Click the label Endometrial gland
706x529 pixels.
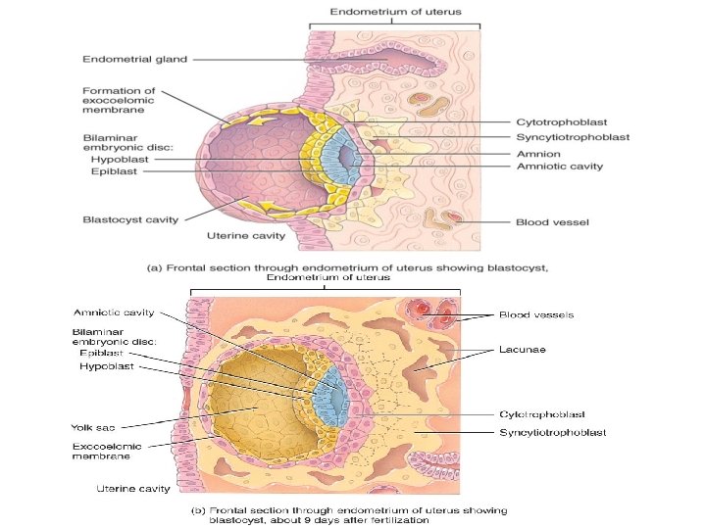pos(134,60)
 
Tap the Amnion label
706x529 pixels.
pos(538,155)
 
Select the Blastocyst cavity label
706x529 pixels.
pos(130,220)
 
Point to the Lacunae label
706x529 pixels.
pos(523,350)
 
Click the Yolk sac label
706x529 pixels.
pos(93,427)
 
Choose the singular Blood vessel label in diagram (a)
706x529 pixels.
pos(552,222)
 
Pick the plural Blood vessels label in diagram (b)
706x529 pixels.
pos(536,314)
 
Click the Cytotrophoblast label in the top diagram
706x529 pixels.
pos(562,122)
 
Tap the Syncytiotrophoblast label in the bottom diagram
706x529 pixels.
pos(553,433)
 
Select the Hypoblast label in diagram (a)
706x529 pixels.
pos(120,160)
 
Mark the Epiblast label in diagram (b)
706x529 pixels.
pos(101,353)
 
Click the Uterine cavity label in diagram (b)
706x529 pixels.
pos(133,489)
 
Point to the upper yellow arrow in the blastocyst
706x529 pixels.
pos(263,120)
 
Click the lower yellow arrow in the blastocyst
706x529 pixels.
pos(269,206)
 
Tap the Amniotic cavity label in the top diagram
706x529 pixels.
pos(560,167)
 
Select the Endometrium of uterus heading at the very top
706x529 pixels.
pos(396,12)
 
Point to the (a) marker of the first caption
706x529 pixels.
pos(155,268)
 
